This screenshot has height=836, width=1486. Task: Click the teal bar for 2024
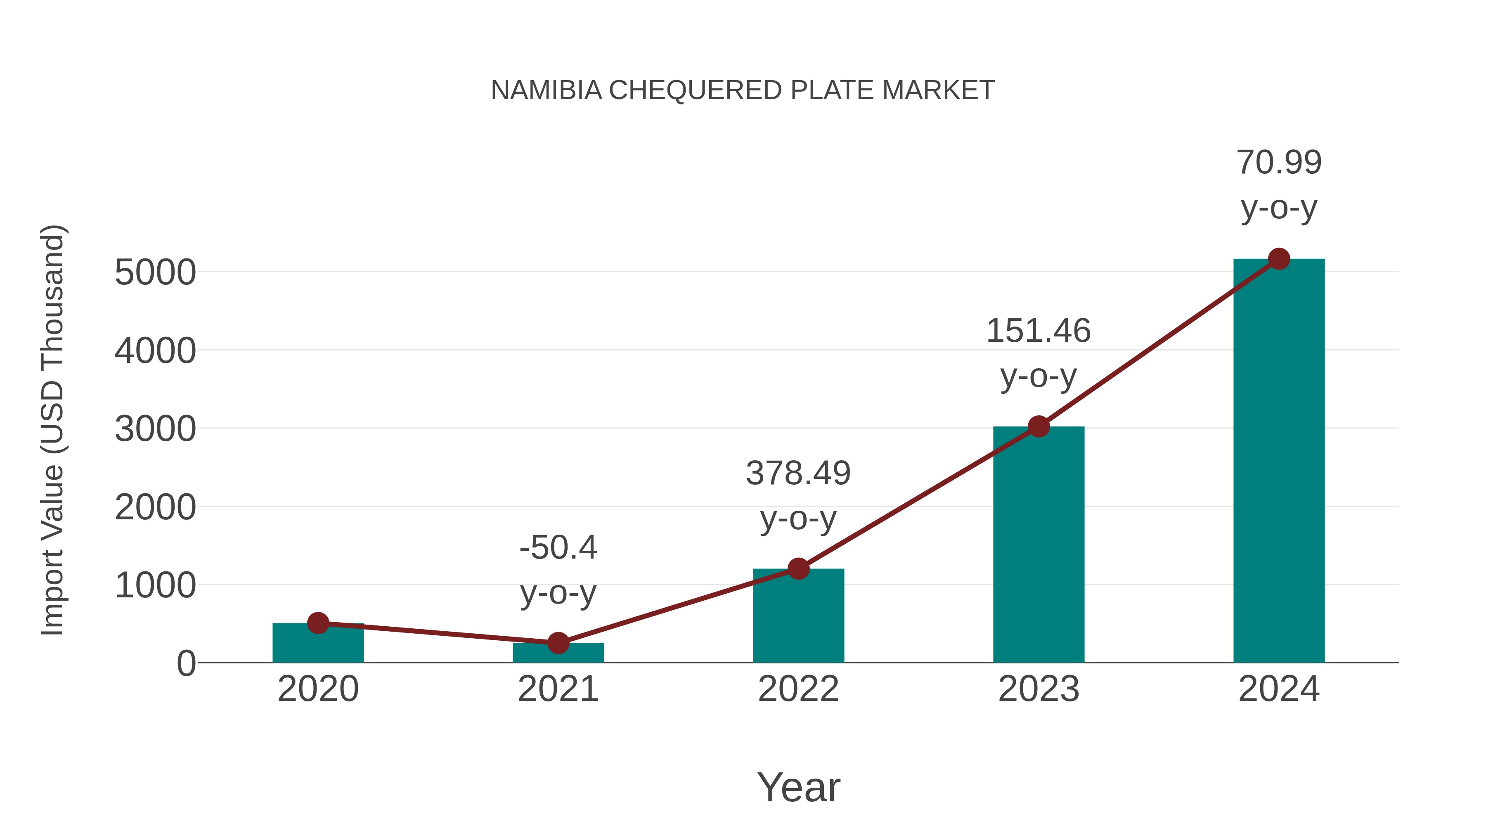(1278, 462)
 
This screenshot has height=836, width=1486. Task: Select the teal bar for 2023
(1039, 545)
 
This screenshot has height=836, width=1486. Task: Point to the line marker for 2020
(318, 623)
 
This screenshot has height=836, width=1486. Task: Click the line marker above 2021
(558, 643)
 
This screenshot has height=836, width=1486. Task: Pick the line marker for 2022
(798, 569)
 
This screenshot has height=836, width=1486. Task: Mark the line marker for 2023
(1039, 427)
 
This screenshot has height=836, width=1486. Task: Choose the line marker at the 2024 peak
(1279, 259)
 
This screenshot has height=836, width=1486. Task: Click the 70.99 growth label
(1279, 162)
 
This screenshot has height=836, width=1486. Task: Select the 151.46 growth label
(1039, 331)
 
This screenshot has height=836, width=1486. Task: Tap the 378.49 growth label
(798, 474)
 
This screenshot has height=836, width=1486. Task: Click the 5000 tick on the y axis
(155, 272)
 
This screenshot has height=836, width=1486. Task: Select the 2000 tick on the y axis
(155, 508)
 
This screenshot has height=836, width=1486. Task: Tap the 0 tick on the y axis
(186, 663)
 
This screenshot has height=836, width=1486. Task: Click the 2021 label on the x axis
(558, 689)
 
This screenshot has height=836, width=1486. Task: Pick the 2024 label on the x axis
(1279, 689)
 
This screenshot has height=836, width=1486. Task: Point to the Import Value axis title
(52, 430)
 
